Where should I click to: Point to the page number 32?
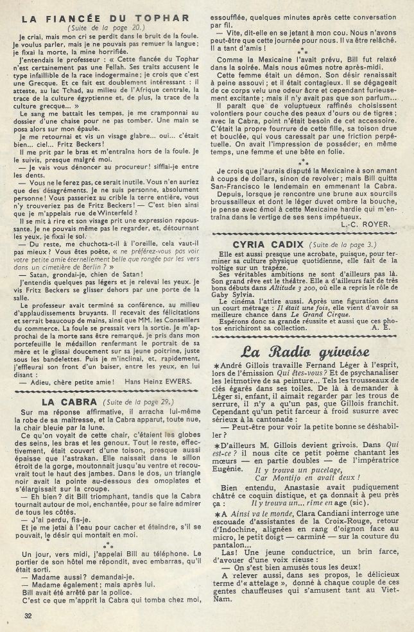coord(27,616)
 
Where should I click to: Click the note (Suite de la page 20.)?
coord(105,30)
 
